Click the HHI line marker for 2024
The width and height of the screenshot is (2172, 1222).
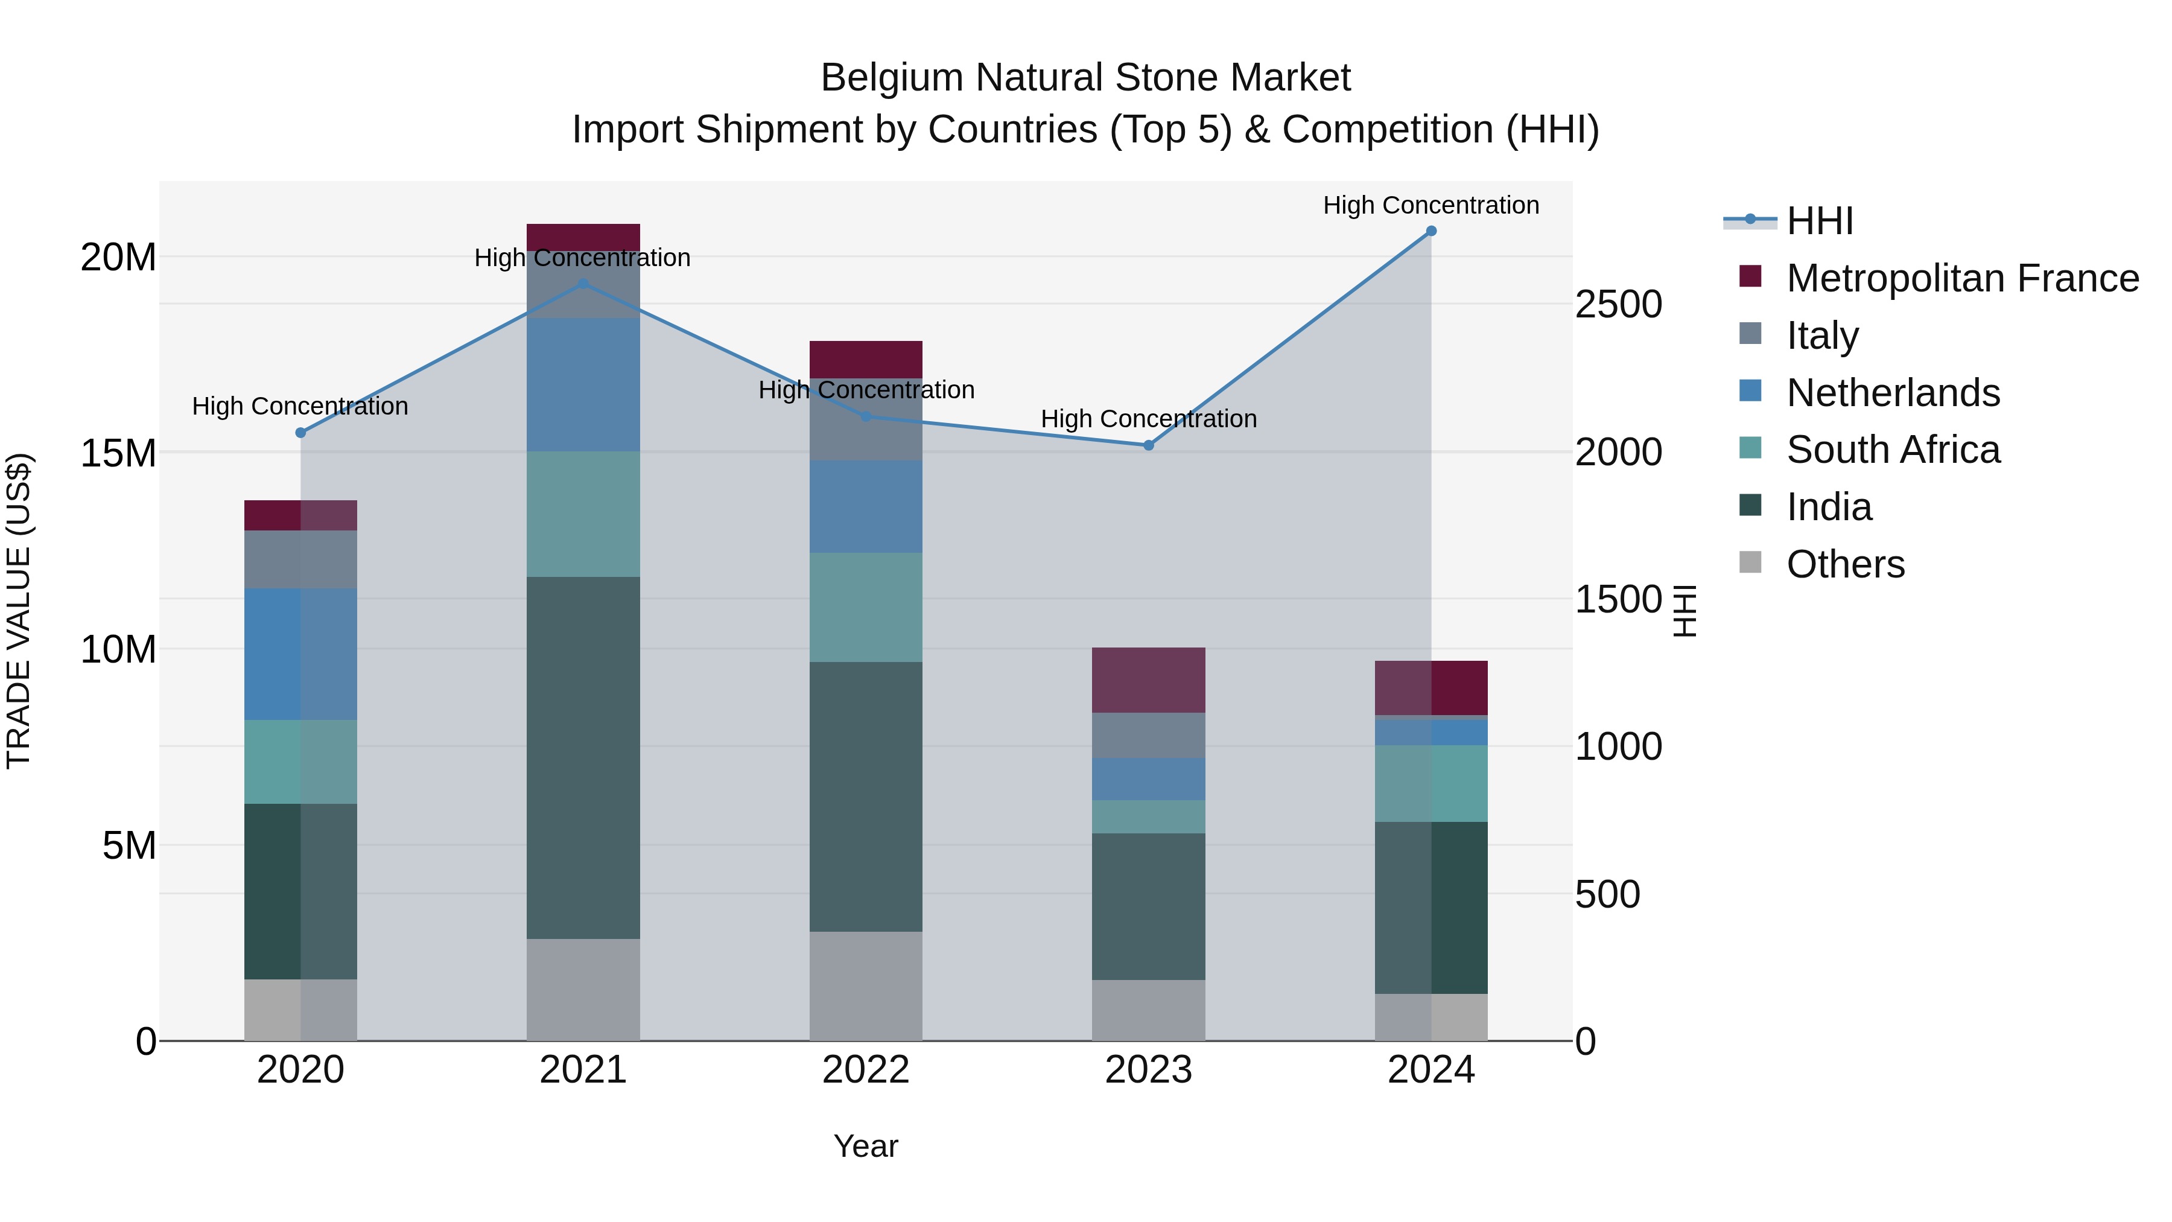click(x=1431, y=231)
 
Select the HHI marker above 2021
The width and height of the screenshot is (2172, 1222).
click(x=583, y=284)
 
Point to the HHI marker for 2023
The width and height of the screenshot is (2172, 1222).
click(x=1148, y=445)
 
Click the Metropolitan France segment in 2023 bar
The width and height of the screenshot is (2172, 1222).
click(x=1148, y=679)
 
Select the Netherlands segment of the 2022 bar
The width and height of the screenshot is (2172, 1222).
click(x=866, y=506)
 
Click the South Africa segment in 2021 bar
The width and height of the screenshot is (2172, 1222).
click(x=583, y=514)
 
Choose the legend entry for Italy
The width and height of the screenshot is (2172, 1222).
click(x=1821, y=336)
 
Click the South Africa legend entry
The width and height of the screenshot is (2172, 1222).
click(x=1892, y=450)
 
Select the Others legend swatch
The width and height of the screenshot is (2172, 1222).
click(x=1750, y=562)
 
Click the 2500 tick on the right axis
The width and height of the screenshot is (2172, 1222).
click(x=1618, y=305)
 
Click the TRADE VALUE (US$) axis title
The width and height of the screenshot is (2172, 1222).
click(x=19, y=611)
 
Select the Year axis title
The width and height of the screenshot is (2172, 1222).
click(x=866, y=1146)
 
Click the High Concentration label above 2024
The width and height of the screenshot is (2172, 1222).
click(x=1431, y=205)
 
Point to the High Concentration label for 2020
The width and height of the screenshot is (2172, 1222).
click(x=300, y=407)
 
